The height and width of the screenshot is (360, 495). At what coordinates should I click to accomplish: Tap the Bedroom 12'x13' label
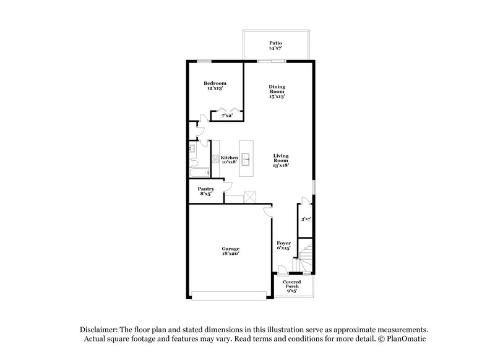(x=215, y=86)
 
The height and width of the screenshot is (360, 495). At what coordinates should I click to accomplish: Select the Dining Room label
(x=276, y=91)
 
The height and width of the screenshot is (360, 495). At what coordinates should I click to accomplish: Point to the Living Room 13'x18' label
(x=282, y=160)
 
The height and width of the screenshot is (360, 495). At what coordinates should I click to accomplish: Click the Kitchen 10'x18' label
(x=229, y=160)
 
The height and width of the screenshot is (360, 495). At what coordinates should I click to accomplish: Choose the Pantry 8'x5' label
(x=205, y=191)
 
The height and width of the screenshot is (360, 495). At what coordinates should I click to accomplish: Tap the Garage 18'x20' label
(x=230, y=251)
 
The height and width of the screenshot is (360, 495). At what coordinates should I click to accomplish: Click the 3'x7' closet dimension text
(x=306, y=218)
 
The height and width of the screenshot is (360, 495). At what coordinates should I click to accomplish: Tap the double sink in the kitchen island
(x=246, y=159)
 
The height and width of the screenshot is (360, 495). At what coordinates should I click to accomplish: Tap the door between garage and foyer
(x=267, y=212)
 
